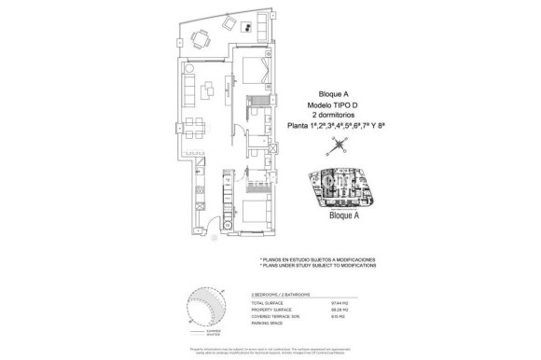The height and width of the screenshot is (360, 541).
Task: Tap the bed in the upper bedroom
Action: pos(254,71)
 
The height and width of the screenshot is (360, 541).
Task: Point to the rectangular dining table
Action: pos(193,126)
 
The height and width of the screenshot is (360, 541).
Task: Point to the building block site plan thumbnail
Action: pos(348,192)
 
